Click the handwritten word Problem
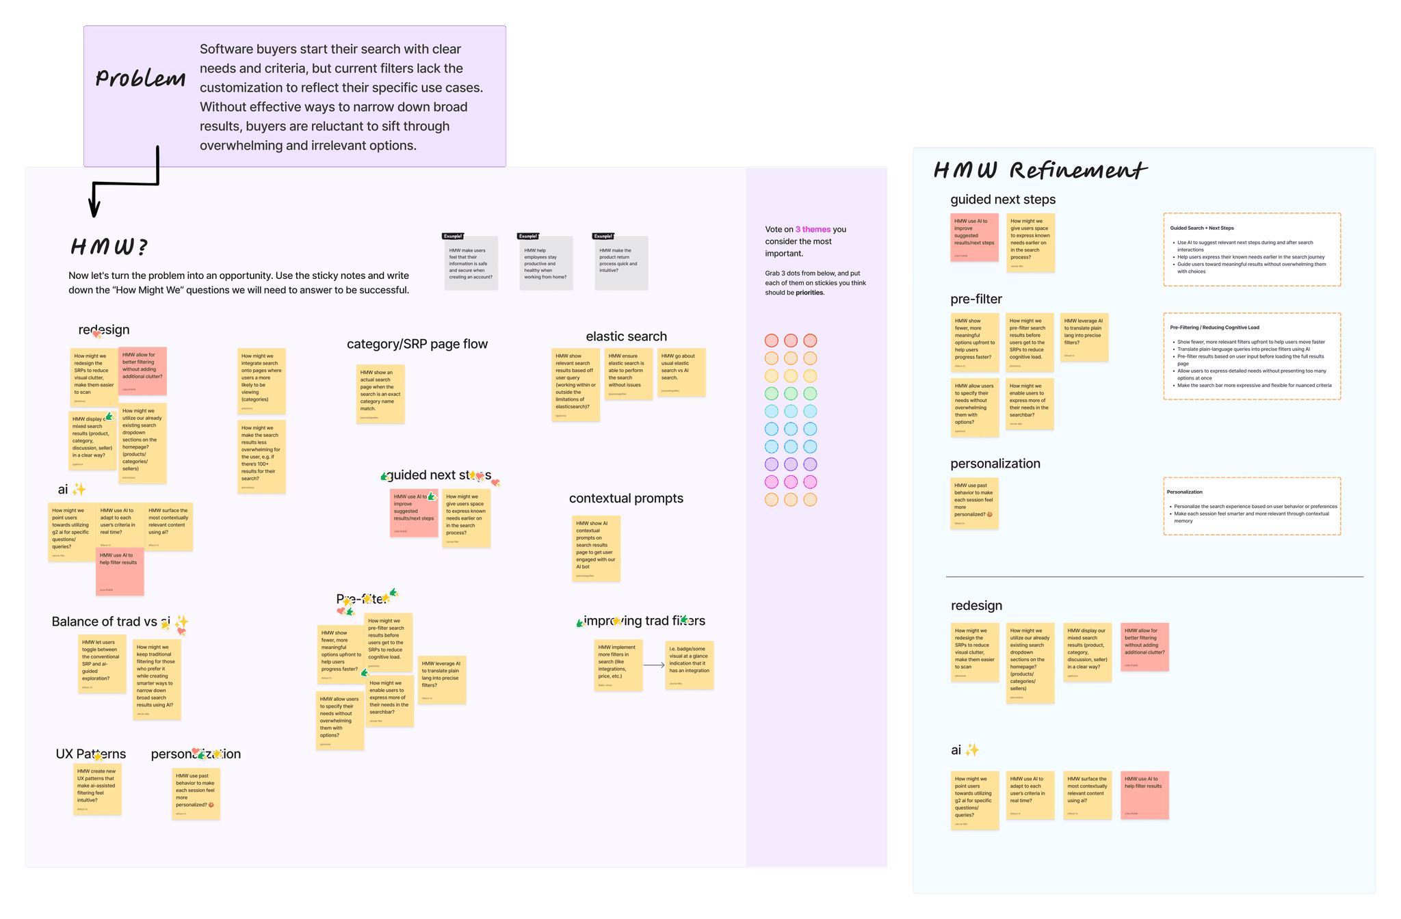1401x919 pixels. [x=140, y=78]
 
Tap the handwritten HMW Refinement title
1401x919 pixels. [x=1039, y=170]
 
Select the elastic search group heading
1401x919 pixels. [x=626, y=336]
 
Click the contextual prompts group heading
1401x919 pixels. [x=626, y=498]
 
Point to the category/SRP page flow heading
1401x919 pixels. [x=417, y=344]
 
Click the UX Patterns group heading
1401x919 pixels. [x=90, y=754]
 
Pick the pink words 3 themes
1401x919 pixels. [x=813, y=230]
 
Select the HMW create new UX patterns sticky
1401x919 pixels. [x=97, y=789]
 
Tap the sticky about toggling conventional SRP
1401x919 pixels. [x=102, y=663]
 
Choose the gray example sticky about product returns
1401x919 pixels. [x=620, y=263]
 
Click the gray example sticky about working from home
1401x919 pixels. [x=545, y=263]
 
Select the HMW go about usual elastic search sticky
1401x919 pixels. [x=681, y=372]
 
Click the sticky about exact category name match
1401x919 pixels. [x=380, y=394]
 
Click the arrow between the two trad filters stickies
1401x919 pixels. [x=654, y=665]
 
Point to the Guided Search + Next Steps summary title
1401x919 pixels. [x=1202, y=228]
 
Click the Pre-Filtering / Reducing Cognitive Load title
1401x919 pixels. [x=1214, y=328]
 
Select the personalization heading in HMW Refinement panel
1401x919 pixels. [x=995, y=464]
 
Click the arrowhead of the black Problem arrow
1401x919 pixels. [x=94, y=209]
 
